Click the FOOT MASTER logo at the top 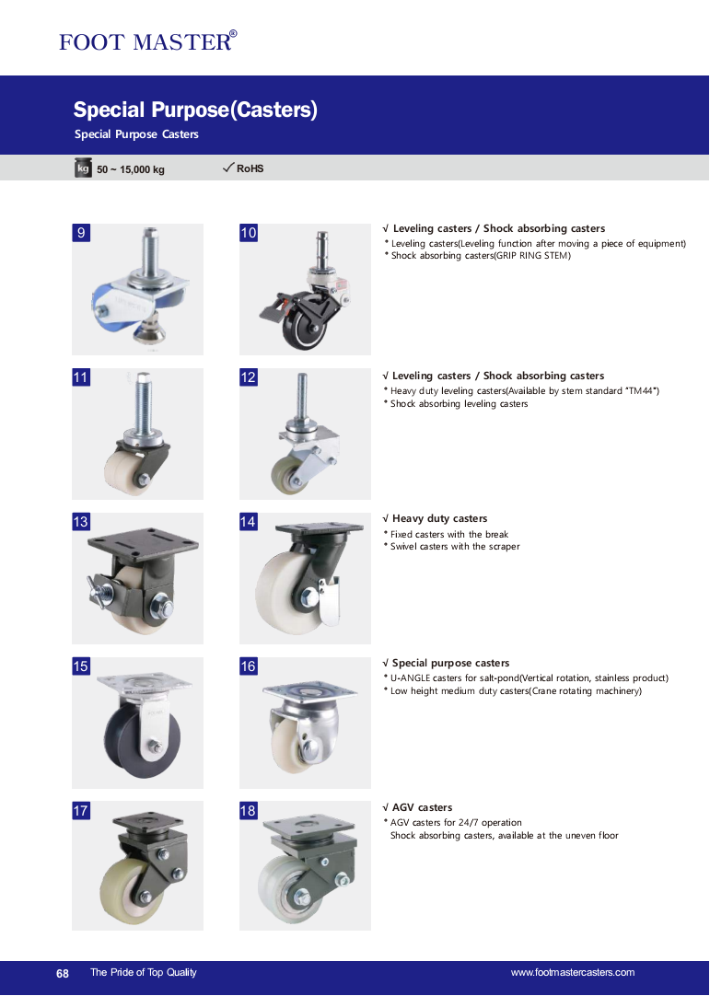(x=148, y=41)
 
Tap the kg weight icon (x=83, y=168)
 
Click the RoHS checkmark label (x=243, y=168)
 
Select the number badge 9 (x=81, y=233)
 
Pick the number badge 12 (x=249, y=377)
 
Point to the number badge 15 (x=81, y=666)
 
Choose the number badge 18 (x=249, y=811)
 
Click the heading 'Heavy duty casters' (x=439, y=518)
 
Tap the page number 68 (x=63, y=973)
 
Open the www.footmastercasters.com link (x=573, y=972)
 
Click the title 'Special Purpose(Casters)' (x=195, y=110)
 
